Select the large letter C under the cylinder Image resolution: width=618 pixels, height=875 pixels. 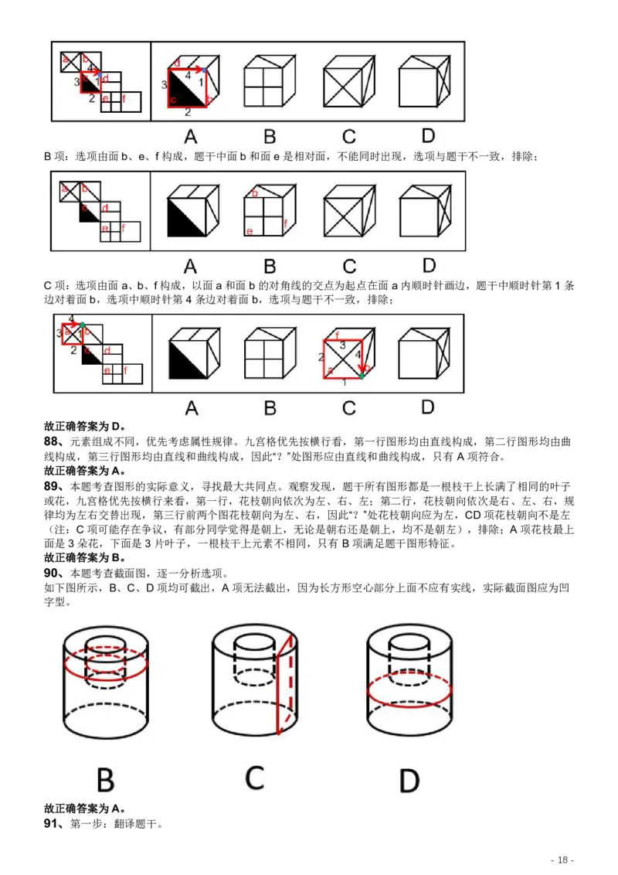[256, 778]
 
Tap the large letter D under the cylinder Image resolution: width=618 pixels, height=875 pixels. [409, 779]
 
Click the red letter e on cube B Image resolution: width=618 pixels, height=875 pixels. [249, 231]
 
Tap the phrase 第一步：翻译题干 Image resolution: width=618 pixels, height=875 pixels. [116, 825]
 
